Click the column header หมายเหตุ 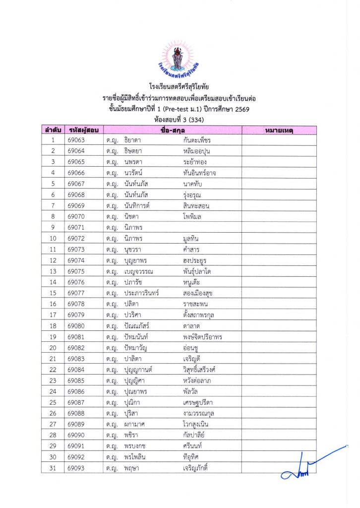(x=279, y=130)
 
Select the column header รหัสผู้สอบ (x=83, y=130)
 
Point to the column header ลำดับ (x=52, y=130)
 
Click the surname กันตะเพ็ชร (x=197, y=140)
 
